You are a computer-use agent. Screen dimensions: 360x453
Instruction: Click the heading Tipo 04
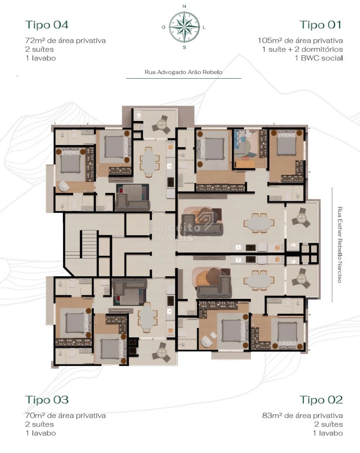(47, 25)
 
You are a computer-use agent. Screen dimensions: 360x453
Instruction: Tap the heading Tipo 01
(321, 25)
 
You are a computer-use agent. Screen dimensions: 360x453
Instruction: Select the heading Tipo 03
(47, 400)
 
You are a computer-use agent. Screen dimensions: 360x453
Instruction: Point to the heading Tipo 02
(321, 400)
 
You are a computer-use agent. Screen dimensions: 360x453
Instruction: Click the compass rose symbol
(184, 27)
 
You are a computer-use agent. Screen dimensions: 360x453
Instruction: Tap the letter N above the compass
(184, 6)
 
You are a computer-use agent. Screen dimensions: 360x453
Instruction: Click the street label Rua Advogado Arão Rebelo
(184, 72)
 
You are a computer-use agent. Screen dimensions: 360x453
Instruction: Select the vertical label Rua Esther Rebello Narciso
(340, 245)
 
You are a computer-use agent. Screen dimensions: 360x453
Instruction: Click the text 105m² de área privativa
(300, 40)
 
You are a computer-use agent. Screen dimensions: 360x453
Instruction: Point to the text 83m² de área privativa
(303, 415)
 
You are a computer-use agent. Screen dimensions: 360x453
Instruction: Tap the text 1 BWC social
(318, 58)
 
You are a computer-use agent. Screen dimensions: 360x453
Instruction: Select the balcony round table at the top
(161, 125)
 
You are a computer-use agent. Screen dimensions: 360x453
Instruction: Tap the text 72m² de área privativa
(65, 40)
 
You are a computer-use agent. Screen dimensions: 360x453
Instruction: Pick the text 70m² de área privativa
(65, 415)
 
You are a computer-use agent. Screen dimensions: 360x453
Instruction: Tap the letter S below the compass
(184, 47)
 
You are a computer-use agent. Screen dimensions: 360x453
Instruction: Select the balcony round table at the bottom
(161, 352)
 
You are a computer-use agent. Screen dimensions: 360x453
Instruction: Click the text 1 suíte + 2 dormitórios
(303, 49)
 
